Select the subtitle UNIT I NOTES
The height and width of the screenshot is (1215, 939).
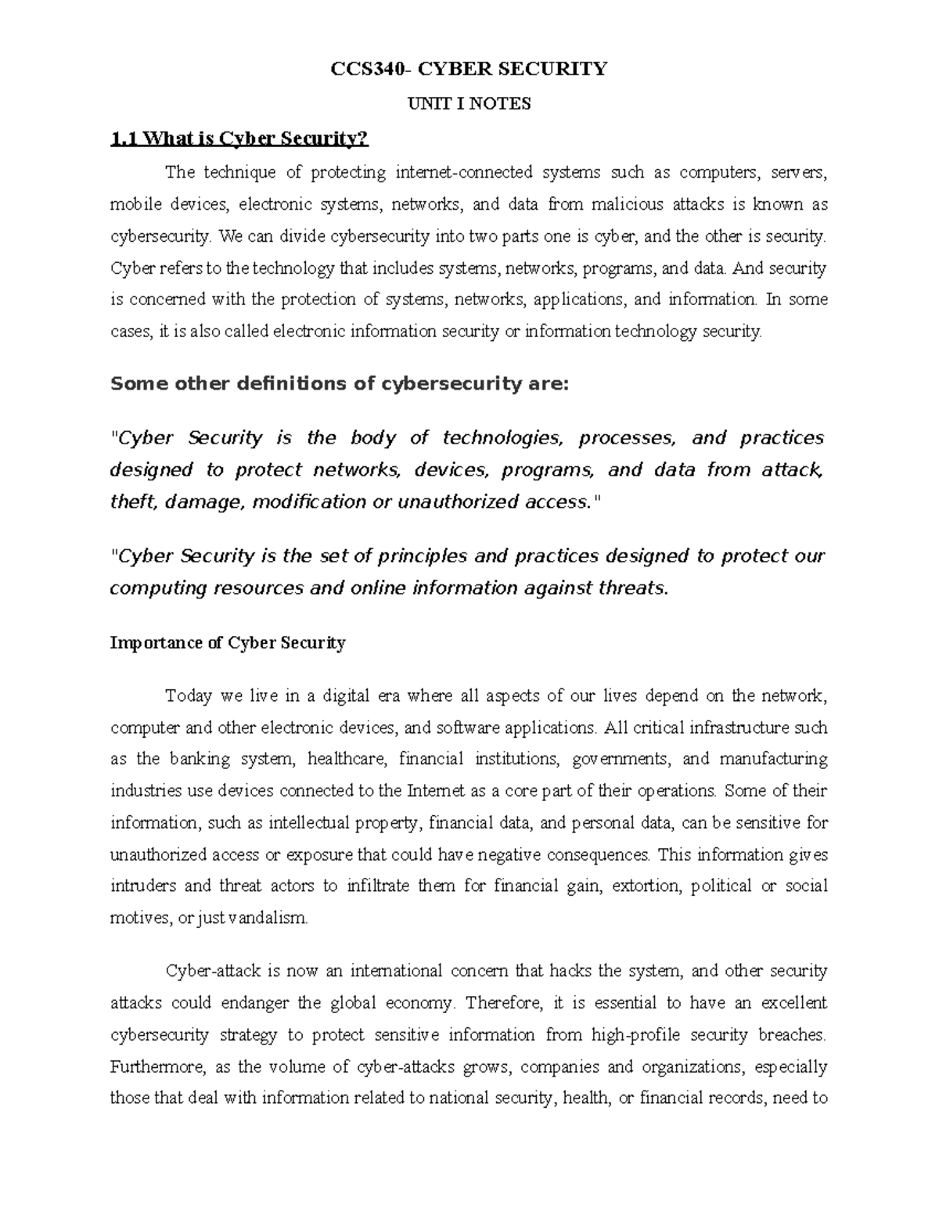click(x=469, y=103)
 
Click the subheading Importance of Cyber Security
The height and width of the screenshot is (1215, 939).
click(x=228, y=643)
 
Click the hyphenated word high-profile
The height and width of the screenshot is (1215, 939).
click(x=634, y=1035)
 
